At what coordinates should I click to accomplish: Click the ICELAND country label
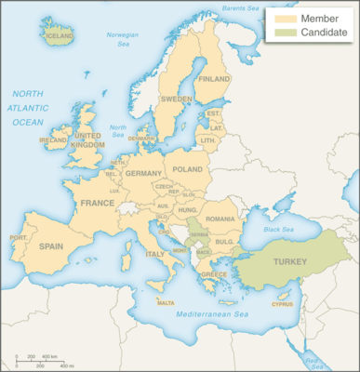click(x=60, y=36)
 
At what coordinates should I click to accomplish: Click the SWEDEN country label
click(x=177, y=99)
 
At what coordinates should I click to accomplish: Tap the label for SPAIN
click(x=52, y=246)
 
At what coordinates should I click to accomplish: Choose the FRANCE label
click(x=97, y=203)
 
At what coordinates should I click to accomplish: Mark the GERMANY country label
click(x=142, y=174)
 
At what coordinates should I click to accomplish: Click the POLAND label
click(x=187, y=170)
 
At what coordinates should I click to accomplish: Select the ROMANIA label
click(x=221, y=219)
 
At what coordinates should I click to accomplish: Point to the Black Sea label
click(x=278, y=230)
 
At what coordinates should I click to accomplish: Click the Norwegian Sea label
click(x=123, y=39)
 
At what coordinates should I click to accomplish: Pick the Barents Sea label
click(x=240, y=9)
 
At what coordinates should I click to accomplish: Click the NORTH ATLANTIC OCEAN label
click(x=28, y=108)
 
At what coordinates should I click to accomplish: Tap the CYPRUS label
click(x=282, y=304)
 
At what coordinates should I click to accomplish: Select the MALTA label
click(x=165, y=303)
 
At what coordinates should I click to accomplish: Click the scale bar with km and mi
click(x=43, y=361)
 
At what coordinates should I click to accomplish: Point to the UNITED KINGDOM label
click(x=88, y=139)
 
